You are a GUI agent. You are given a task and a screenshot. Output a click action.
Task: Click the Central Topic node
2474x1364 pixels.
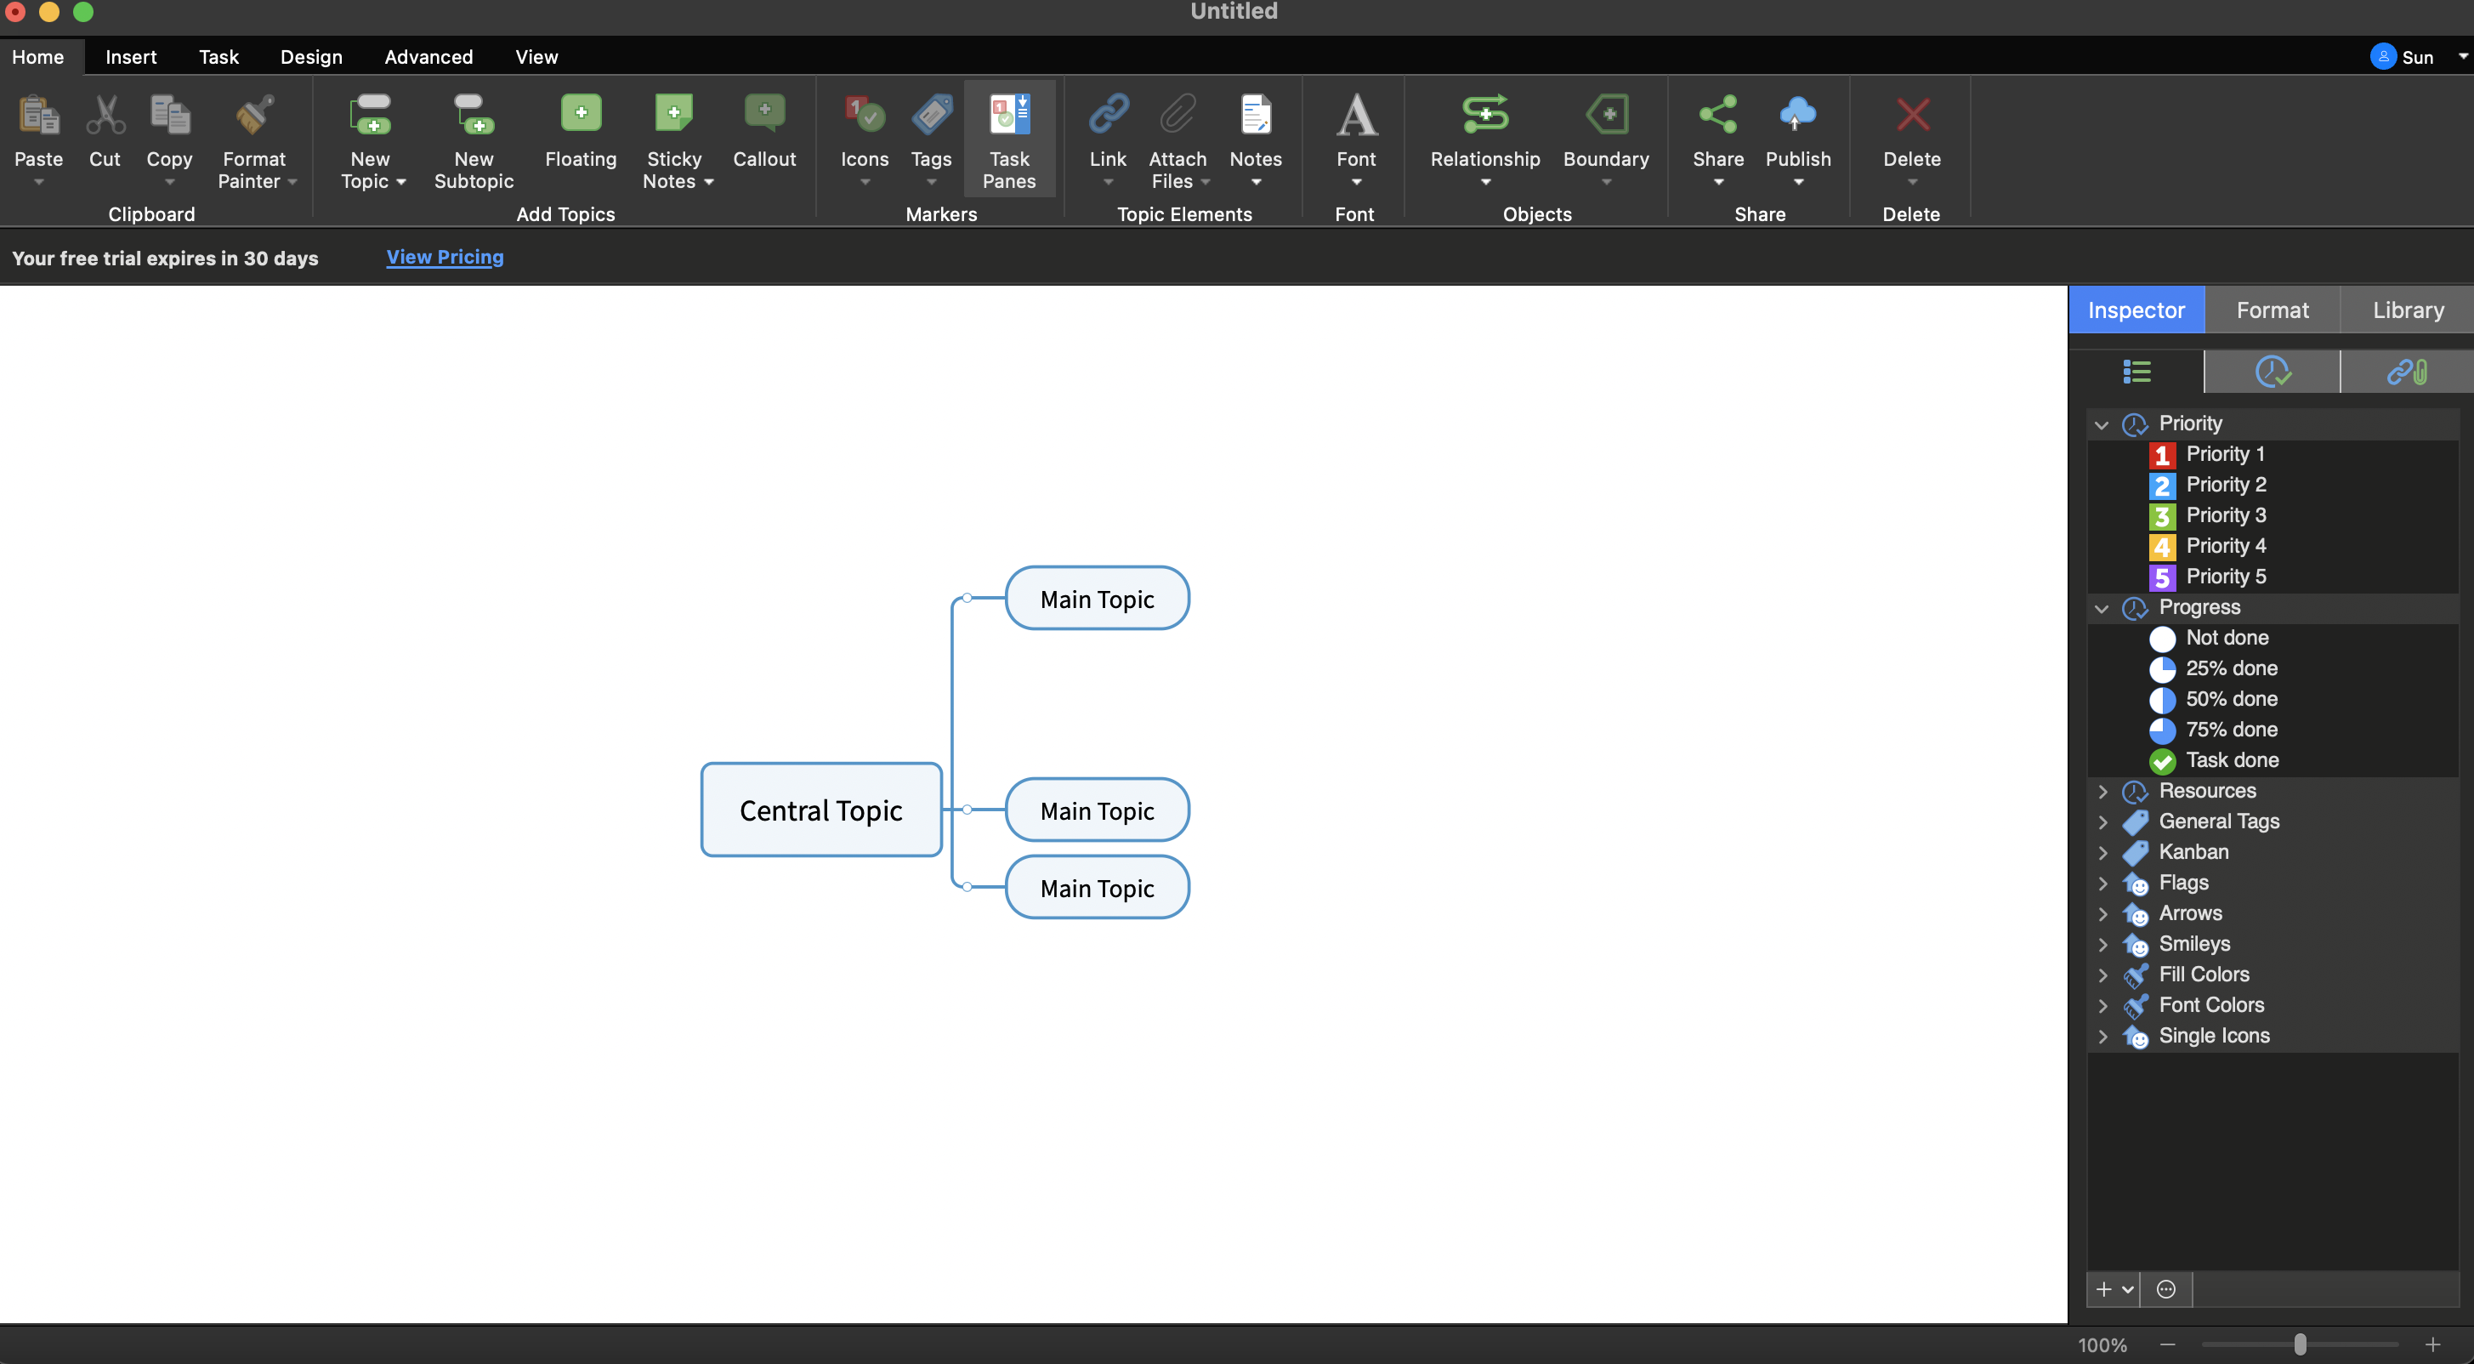821,810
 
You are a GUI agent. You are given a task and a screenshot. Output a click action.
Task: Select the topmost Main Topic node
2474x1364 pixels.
1097,599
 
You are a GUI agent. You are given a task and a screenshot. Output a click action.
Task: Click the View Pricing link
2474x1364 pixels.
445,257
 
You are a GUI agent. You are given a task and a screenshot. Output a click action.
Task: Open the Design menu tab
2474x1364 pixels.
311,57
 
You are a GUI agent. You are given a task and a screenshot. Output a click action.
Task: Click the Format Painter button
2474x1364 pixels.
254,141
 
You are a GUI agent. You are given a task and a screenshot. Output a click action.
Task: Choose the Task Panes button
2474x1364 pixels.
1009,141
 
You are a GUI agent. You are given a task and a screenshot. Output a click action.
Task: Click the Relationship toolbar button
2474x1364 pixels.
1484,141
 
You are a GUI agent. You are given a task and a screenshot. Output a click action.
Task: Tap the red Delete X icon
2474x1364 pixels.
1912,116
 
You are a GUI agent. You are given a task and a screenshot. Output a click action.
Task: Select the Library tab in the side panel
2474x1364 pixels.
2408,310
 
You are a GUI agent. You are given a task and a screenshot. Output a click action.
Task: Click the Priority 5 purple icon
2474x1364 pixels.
2162,577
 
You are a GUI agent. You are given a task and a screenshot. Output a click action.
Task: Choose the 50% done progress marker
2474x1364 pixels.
2231,698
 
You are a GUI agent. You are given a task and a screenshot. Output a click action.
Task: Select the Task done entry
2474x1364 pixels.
2232,759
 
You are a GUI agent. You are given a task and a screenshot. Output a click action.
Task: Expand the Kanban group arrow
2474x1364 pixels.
2102,852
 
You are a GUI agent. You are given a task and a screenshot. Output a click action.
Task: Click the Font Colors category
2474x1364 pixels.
2210,1005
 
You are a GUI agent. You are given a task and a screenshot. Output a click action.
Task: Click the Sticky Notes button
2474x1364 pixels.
674,141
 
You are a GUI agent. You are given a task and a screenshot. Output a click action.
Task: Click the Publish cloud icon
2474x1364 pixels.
1797,114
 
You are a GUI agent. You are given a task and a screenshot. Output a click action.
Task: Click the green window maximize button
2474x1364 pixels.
83,12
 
